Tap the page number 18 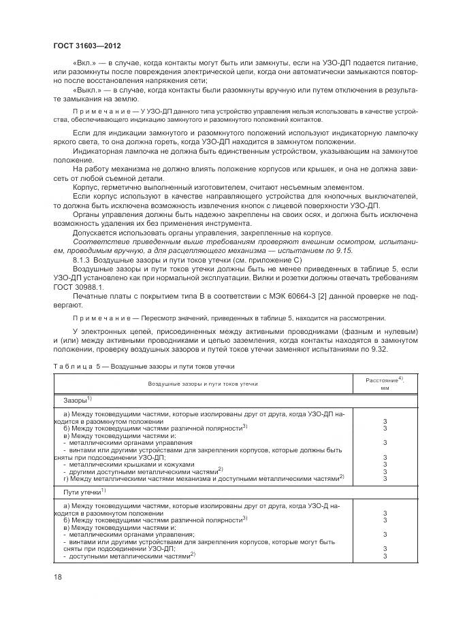point(58,578)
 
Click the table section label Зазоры point(76,400)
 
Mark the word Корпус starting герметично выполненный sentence point(87,186)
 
